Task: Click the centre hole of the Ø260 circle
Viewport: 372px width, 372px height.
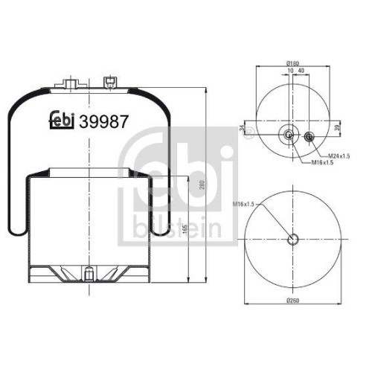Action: coord(292,240)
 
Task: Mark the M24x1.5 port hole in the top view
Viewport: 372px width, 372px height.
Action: coord(309,136)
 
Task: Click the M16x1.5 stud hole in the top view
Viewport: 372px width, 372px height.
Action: coord(288,136)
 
